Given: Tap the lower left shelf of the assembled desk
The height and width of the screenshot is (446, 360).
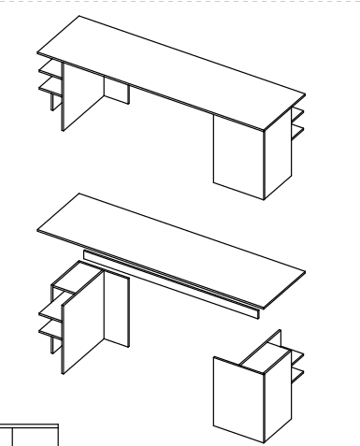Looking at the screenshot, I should pos(48,90).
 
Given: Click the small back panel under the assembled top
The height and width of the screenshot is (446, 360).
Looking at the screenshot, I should pos(117,92).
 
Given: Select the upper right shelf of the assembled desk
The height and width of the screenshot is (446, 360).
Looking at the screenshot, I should pos(297,113).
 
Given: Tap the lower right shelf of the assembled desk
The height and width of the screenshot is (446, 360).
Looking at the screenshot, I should pos(297,133).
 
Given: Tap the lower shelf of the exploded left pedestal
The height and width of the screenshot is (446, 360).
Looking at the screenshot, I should pos(49,329).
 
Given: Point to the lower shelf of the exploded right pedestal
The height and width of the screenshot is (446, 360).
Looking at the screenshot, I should pos(297,375).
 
